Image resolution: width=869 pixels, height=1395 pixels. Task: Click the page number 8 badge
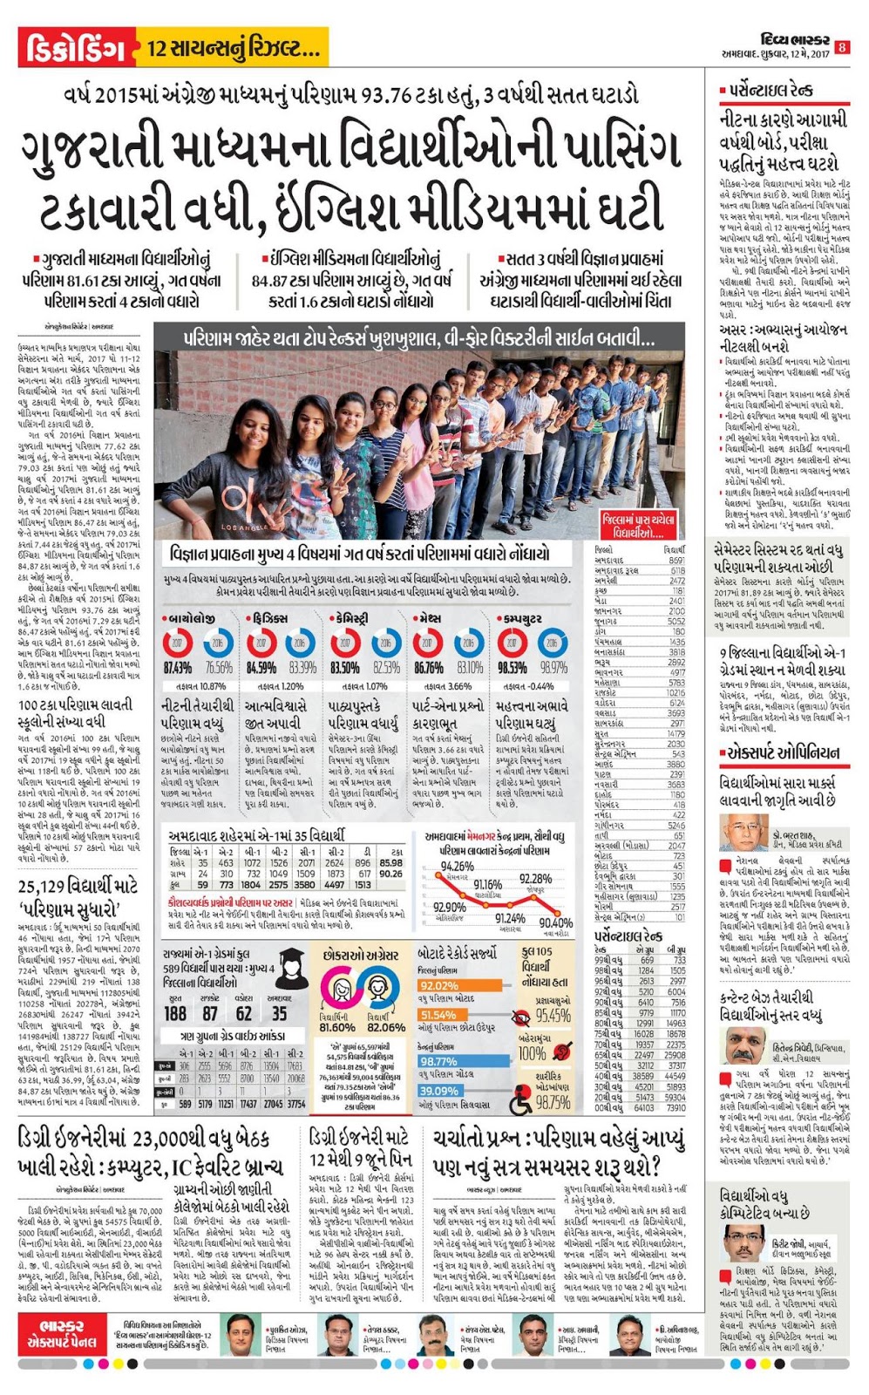tap(842, 46)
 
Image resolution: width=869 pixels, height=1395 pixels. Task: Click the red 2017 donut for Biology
tap(178, 643)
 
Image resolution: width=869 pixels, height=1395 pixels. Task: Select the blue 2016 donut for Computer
tap(552, 643)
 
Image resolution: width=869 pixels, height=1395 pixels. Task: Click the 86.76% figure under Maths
tap(429, 668)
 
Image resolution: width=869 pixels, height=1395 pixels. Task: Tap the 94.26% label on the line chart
tap(457, 866)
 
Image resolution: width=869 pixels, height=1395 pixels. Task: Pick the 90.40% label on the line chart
tap(556, 922)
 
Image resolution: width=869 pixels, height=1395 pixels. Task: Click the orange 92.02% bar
tap(439, 985)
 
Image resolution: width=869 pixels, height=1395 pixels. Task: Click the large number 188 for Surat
tap(175, 1013)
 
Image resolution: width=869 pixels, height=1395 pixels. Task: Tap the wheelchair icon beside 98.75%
tap(521, 1101)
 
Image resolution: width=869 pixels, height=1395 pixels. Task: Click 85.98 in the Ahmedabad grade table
tap(391, 863)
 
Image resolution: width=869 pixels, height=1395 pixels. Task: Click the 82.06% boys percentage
tap(386, 1028)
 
